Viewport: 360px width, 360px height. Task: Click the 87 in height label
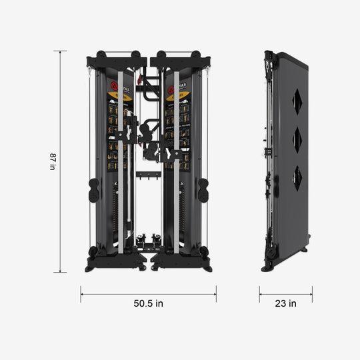(x=53, y=162)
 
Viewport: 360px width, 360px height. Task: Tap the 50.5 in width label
(x=148, y=303)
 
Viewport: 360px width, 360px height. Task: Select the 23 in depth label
(x=285, y=303)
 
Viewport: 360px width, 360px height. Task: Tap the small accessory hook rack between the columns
(x=146, y=175)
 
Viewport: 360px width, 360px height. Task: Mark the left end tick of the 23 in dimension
(x=259, y=294)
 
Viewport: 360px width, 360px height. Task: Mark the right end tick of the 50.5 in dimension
(x=215, y=294)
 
